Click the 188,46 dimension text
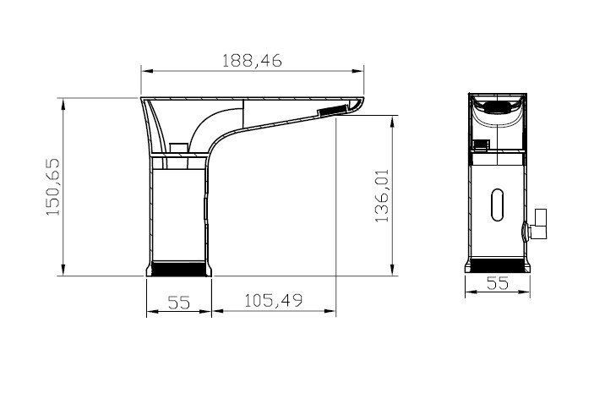coord(252,60)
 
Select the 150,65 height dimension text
coord(52,188)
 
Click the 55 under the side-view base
coord(178,302)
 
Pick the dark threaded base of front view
coord(497,264)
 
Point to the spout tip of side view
coord(358,105)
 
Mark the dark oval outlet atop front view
coord(497,107)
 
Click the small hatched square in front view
coord(482,144)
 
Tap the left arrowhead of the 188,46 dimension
coord(144,71)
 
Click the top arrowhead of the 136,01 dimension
coord(394,119)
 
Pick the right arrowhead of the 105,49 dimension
coord(332,314)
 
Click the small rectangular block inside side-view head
coord(177,147)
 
